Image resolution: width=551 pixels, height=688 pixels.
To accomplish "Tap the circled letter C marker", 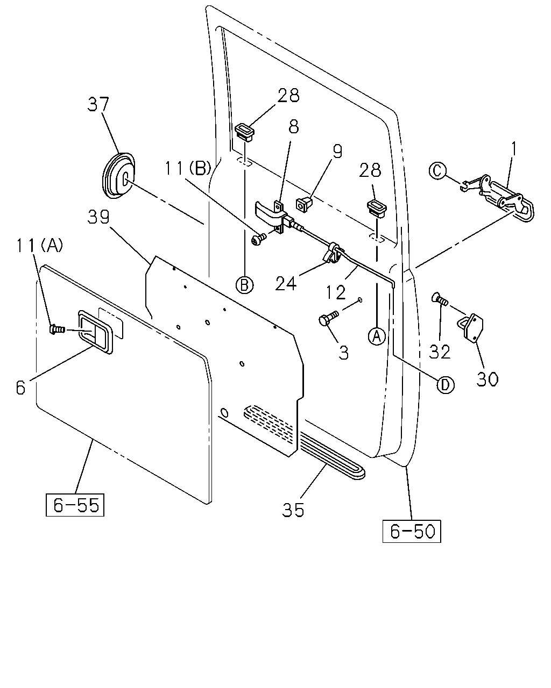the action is point(437,171).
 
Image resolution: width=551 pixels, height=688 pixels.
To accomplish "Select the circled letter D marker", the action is point(446,385).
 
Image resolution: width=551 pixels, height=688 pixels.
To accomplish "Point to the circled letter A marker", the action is point(377,336).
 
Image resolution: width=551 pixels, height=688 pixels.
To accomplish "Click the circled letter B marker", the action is point(245,284).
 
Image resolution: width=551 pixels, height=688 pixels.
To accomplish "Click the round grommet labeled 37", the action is point(118,176).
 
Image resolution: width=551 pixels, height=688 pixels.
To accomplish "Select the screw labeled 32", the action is point(441,298).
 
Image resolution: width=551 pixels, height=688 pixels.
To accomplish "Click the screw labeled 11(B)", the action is point(259,239).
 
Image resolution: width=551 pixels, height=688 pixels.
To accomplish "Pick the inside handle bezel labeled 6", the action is point(95,332).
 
